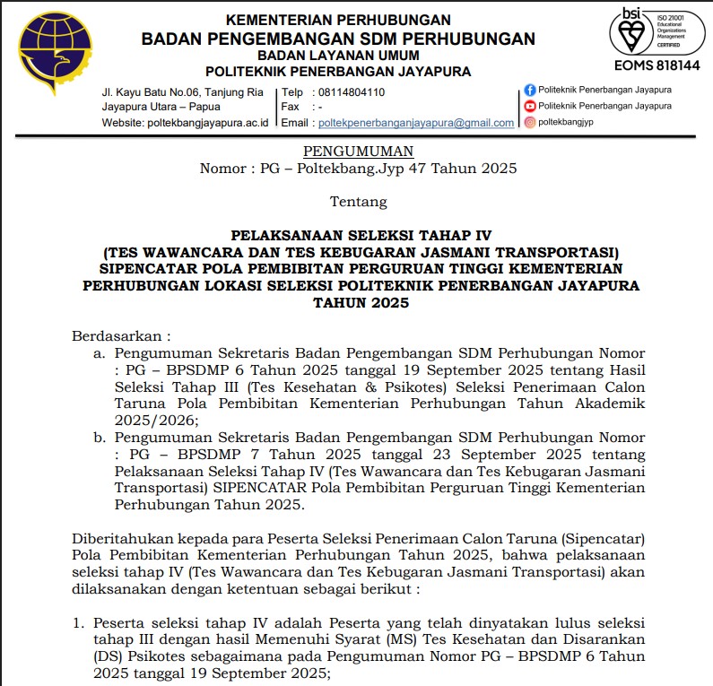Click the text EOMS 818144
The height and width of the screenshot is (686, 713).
click(656, 65)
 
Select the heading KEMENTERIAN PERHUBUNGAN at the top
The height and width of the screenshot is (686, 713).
click(338, 20)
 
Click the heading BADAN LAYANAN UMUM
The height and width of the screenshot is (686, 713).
click(338, 56)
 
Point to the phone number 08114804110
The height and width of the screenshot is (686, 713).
click(349, 91)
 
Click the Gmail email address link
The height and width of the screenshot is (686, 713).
click(416, 123)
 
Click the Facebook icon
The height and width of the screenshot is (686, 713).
click(530, 90)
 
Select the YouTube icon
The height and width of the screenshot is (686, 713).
click(530, 106)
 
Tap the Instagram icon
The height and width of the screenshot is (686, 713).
click(530, 122)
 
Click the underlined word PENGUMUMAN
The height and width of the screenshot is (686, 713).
click(358, 152)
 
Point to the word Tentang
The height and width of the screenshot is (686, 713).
click(358, 202)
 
